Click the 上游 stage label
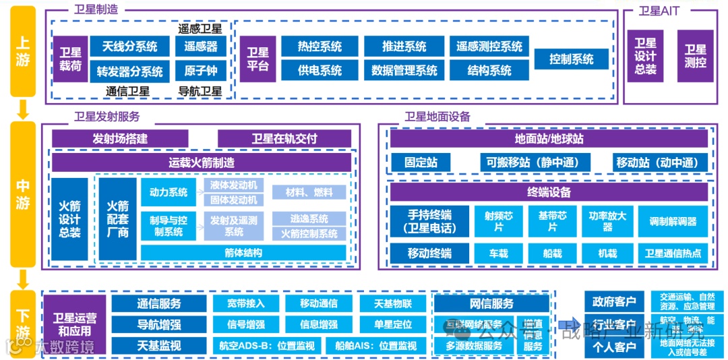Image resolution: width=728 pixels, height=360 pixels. tap(23, 51)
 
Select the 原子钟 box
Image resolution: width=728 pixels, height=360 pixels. tap(201, 70)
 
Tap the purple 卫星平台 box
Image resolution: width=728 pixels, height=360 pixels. tap(257, 59)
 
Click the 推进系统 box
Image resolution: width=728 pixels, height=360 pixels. tap(404, 47)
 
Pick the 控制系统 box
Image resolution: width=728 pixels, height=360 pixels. tap(571, 59)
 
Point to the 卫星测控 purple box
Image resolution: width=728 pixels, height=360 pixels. tap(695, 57)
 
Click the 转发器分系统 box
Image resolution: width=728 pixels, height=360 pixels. tap(129, 71)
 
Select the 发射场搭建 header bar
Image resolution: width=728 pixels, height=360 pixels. tap(120, 138)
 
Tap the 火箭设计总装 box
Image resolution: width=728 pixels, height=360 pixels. tap(69, 218)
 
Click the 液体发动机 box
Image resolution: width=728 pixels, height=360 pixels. tap(233, 185)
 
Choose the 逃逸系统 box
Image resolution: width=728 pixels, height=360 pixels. tap(309, 218)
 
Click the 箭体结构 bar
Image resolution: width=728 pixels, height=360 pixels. tap(243, 253)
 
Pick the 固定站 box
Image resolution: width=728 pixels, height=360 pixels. tap(421, 162)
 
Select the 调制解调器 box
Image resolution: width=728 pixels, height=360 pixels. tap(673, 221)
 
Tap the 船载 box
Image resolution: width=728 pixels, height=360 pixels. tap(552, 253)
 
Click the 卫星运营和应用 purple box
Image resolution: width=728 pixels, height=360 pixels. tap(75, 325)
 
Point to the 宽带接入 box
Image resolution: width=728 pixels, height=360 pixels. tap(246, 303)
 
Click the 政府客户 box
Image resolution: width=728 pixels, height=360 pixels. tap(614, 301)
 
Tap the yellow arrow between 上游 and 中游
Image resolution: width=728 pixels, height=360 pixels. tap(23, 109)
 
